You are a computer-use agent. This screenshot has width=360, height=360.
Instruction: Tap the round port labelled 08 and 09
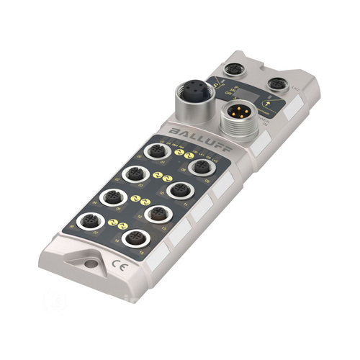coord(201,168)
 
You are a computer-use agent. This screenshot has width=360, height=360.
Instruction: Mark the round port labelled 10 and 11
coord(177,191)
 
